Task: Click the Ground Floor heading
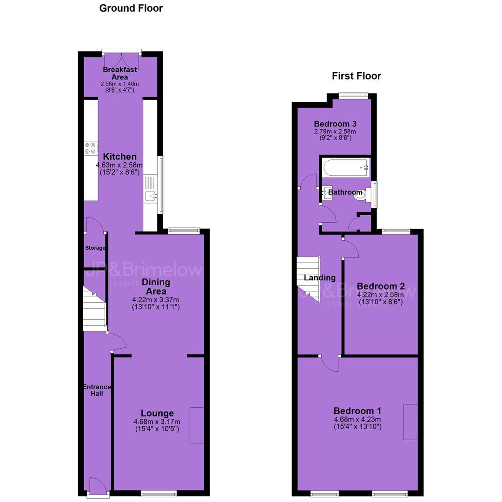131,8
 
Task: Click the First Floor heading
357,76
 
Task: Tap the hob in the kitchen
91,148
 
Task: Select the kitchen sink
151,195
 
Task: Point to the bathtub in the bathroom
346,167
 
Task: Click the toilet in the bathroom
363,195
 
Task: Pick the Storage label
95,248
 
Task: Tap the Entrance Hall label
97,390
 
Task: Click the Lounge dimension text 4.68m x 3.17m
157,422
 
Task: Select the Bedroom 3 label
335,124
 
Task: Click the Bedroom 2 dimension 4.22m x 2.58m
380,295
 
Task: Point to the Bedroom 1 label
357,411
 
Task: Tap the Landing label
319,277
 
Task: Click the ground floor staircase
94,309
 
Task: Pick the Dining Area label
156,286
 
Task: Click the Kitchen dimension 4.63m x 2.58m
119,165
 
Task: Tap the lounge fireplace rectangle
197,425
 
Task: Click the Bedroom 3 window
354,95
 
